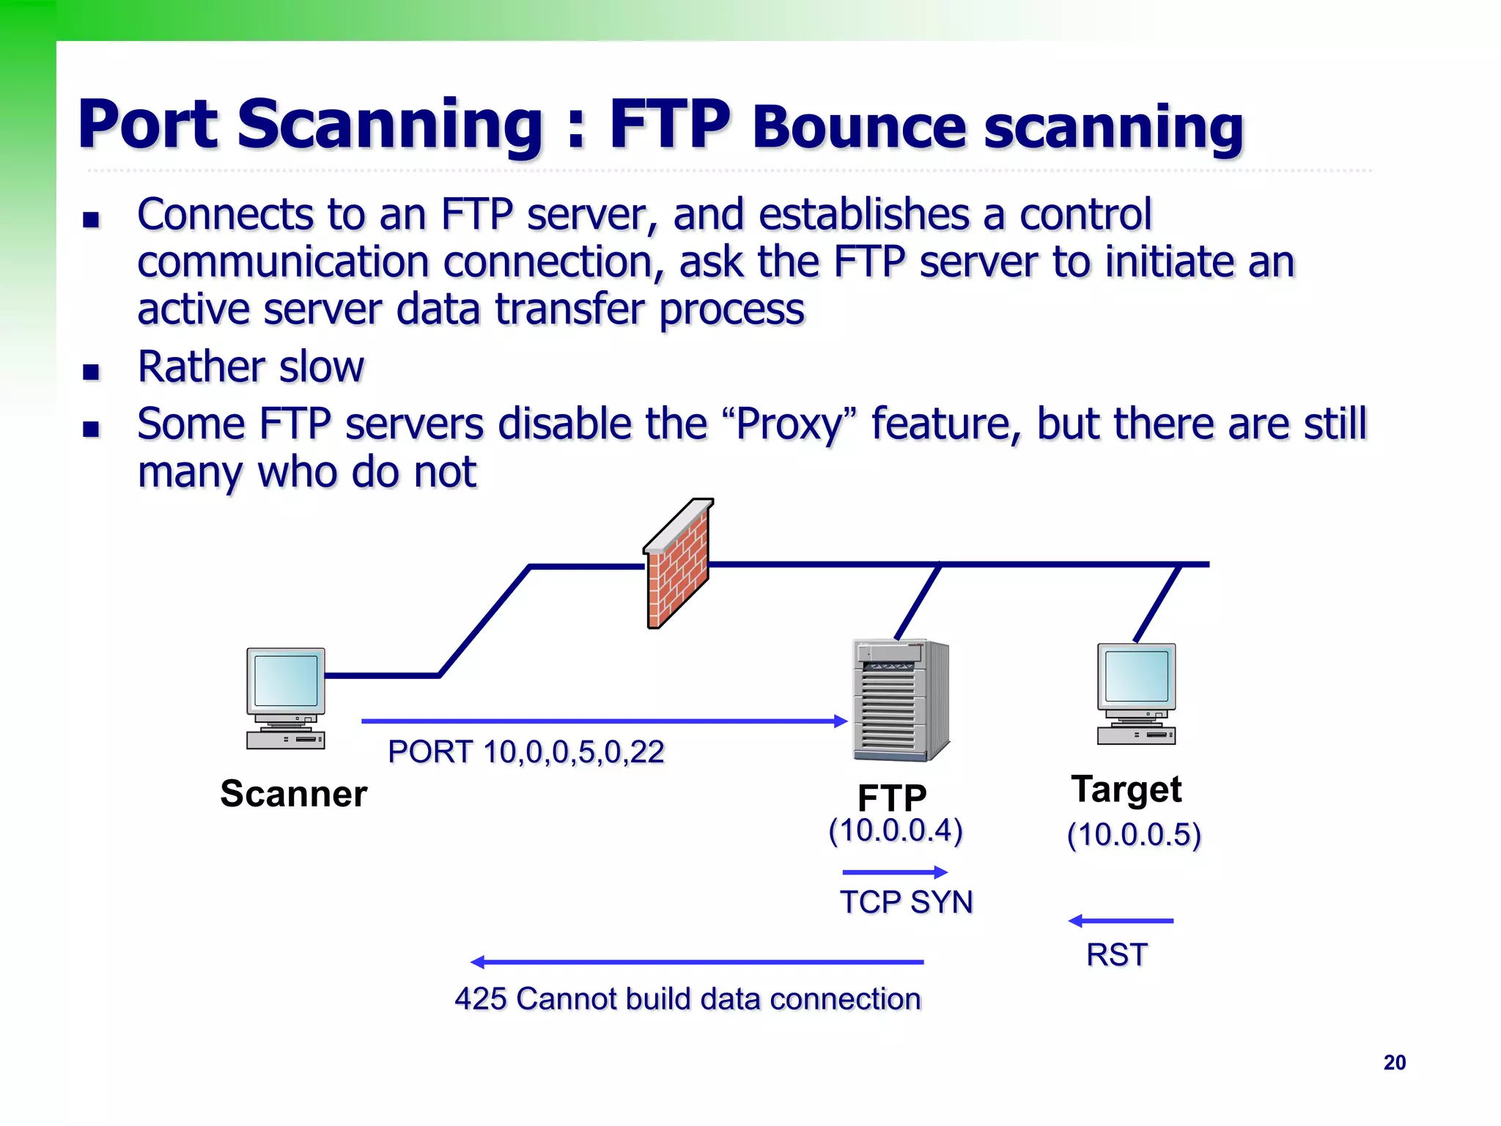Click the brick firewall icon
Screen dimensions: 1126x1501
pyautogui.click(x=678, y=564)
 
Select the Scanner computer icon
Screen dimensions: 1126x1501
pyautogui.click(x=286, y=698)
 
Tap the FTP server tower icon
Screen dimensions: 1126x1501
pyautogui.click(x=901, y=700)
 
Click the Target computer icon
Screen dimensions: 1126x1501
pyautogui.click(x=1136, y=693)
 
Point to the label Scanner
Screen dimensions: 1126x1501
pyautogui.click(x=293, y=794)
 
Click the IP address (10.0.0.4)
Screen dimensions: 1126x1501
pyautogui.click(x=895, y=831)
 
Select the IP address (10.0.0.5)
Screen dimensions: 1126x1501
pyautogui.click(x=1134, y=835)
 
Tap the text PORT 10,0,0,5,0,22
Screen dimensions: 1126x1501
pyautogui.click(x=525, y=752)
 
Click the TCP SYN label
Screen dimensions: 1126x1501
pyautogui.click(x=906, y=902)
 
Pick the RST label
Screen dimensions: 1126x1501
pyautogui.click(x=1117, y=955)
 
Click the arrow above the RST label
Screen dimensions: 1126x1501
pyautogui.click(x=1121, y=921)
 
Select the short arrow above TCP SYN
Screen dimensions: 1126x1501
pyautogui.click(x=895, y=872)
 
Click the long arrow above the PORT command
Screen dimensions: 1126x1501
pyautogui.click(x=604, y=721)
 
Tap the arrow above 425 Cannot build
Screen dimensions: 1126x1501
pyautogui.click(x=696, y=962)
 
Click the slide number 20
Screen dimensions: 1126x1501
pyautogui.click(x=1394, y=1062)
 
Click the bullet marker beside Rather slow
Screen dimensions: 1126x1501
pyautogui.click(x=91, y=371)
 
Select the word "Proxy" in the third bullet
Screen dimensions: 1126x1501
pyautogui.click(x=789, y=424)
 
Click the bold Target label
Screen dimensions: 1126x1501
pyautogui.click(x=1126, y=790)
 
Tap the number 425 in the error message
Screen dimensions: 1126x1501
pyautogui.click(x=480, y=999)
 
